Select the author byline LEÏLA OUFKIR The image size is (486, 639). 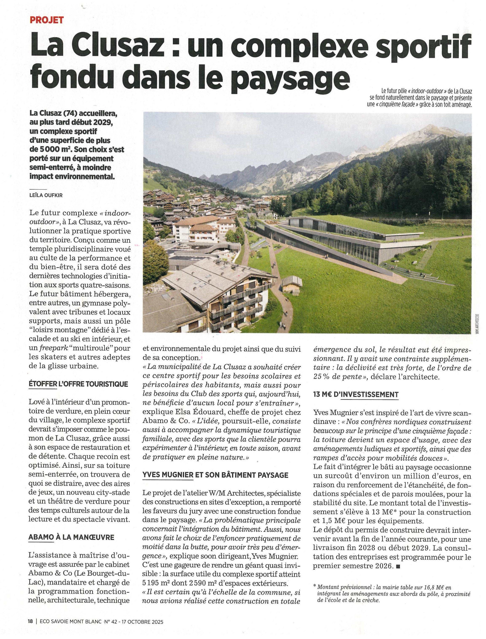click(x=46, y=195)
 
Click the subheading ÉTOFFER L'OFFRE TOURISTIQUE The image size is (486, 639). click(x=78, y=384)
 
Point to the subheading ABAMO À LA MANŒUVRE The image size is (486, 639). click(x=71, y=537)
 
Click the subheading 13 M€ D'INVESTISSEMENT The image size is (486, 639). click(x=356, y=394)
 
